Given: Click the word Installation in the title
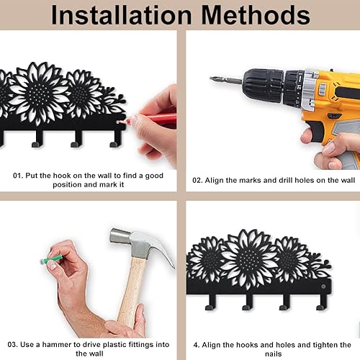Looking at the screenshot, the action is coord(122,15).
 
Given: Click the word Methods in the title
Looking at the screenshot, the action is coord(256,15).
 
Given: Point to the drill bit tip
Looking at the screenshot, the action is coord(211,78).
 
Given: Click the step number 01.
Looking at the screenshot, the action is coord(18,176).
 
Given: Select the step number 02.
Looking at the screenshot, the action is coord(197,180).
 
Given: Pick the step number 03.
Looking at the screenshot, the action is coord(13,345).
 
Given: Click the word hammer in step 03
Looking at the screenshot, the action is coord(57,345).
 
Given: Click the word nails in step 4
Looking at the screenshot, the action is coord(274,354).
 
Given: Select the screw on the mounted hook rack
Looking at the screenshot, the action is coord(323,287).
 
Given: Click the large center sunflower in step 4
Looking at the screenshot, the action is coord(250,258).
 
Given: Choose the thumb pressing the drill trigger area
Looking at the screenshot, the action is coord(307,138).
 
